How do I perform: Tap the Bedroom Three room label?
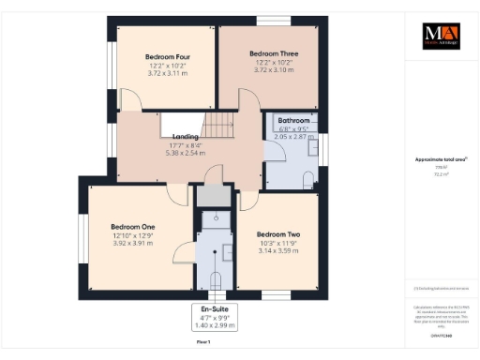tap(274, 54)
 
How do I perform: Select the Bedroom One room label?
tap(132, 227)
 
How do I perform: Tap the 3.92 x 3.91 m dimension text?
tap(132, 244)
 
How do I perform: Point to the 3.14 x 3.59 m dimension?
tap(277, 251)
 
